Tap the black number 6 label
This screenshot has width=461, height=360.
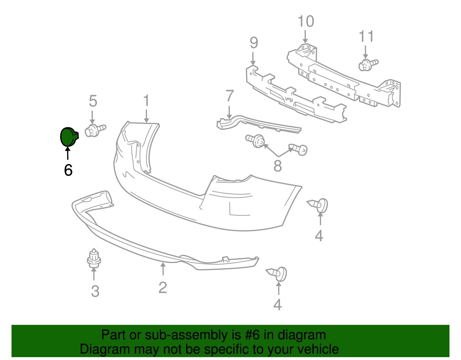pos(68,170)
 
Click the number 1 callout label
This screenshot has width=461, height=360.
pos(146,101)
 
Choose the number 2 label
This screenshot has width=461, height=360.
pos(163,287)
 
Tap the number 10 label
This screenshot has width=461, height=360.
pos(306,22)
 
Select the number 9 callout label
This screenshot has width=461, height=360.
pos(254,43)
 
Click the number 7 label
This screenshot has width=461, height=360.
pos(229,96)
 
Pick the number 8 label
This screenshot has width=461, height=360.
pos(277,166)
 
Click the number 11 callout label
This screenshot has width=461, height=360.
pos(366,37)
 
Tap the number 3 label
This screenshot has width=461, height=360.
pos(95,291)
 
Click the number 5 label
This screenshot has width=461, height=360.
pos(93,101)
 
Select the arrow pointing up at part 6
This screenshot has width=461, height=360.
pos(68,153)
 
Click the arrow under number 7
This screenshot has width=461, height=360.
pos(229,112)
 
